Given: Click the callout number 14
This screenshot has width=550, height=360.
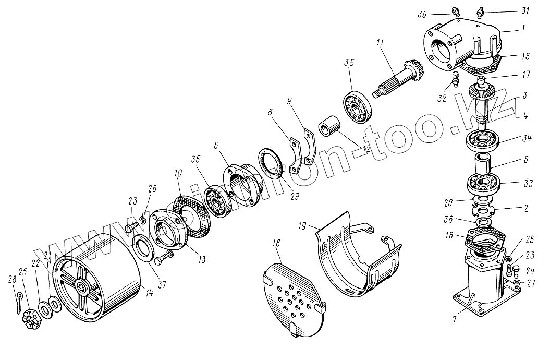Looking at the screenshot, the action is point(149,292).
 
